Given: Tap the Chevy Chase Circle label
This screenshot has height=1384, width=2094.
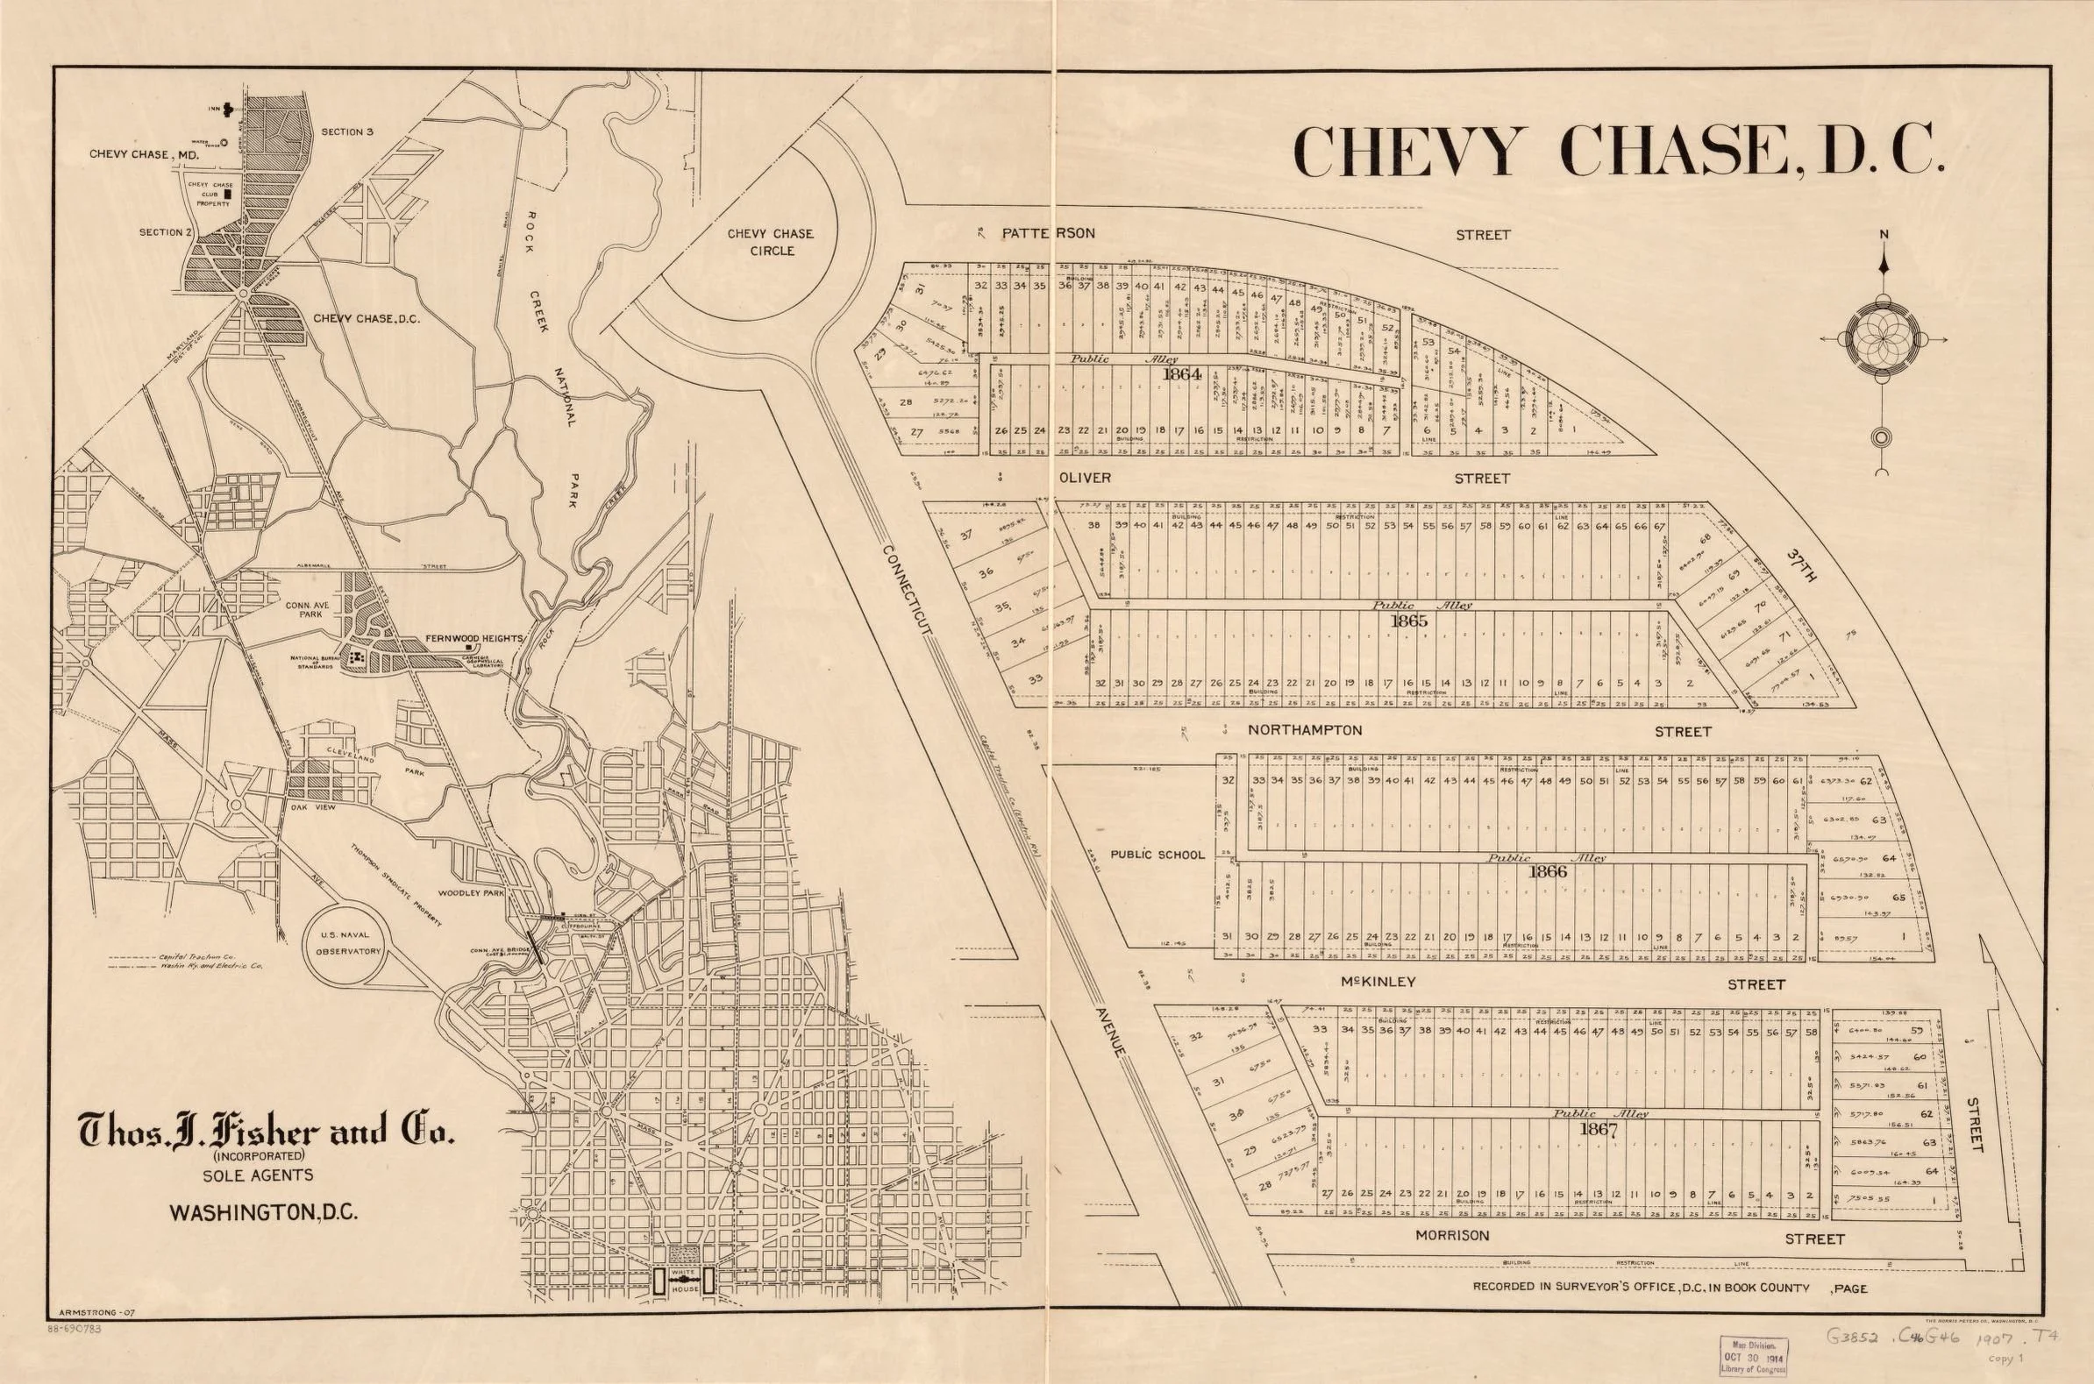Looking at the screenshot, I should [x=770, y=242].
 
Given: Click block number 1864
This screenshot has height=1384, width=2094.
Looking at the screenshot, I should [x=1182, y=374].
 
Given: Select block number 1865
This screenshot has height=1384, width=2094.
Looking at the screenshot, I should [x=1408, y=621].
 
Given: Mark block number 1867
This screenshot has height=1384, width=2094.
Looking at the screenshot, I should [x=1597, y=1128].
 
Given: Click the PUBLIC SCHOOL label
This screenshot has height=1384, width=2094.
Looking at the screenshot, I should [x=1157, y=855].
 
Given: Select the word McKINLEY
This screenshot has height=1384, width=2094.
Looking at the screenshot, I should [x=1378, y=982].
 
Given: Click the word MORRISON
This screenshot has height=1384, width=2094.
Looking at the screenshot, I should [x=1451, y=1236].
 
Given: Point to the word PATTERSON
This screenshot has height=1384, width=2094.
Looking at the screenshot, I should [x=1048, y=233].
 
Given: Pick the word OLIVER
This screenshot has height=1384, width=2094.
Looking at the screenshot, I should [x=1084, y=478].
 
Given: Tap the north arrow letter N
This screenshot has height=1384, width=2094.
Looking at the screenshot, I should [x=1884, y=235].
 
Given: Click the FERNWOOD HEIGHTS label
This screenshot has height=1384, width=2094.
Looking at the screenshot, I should [x=475, y=638].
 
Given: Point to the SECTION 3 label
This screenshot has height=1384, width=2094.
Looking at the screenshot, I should [x=347, y=131].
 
